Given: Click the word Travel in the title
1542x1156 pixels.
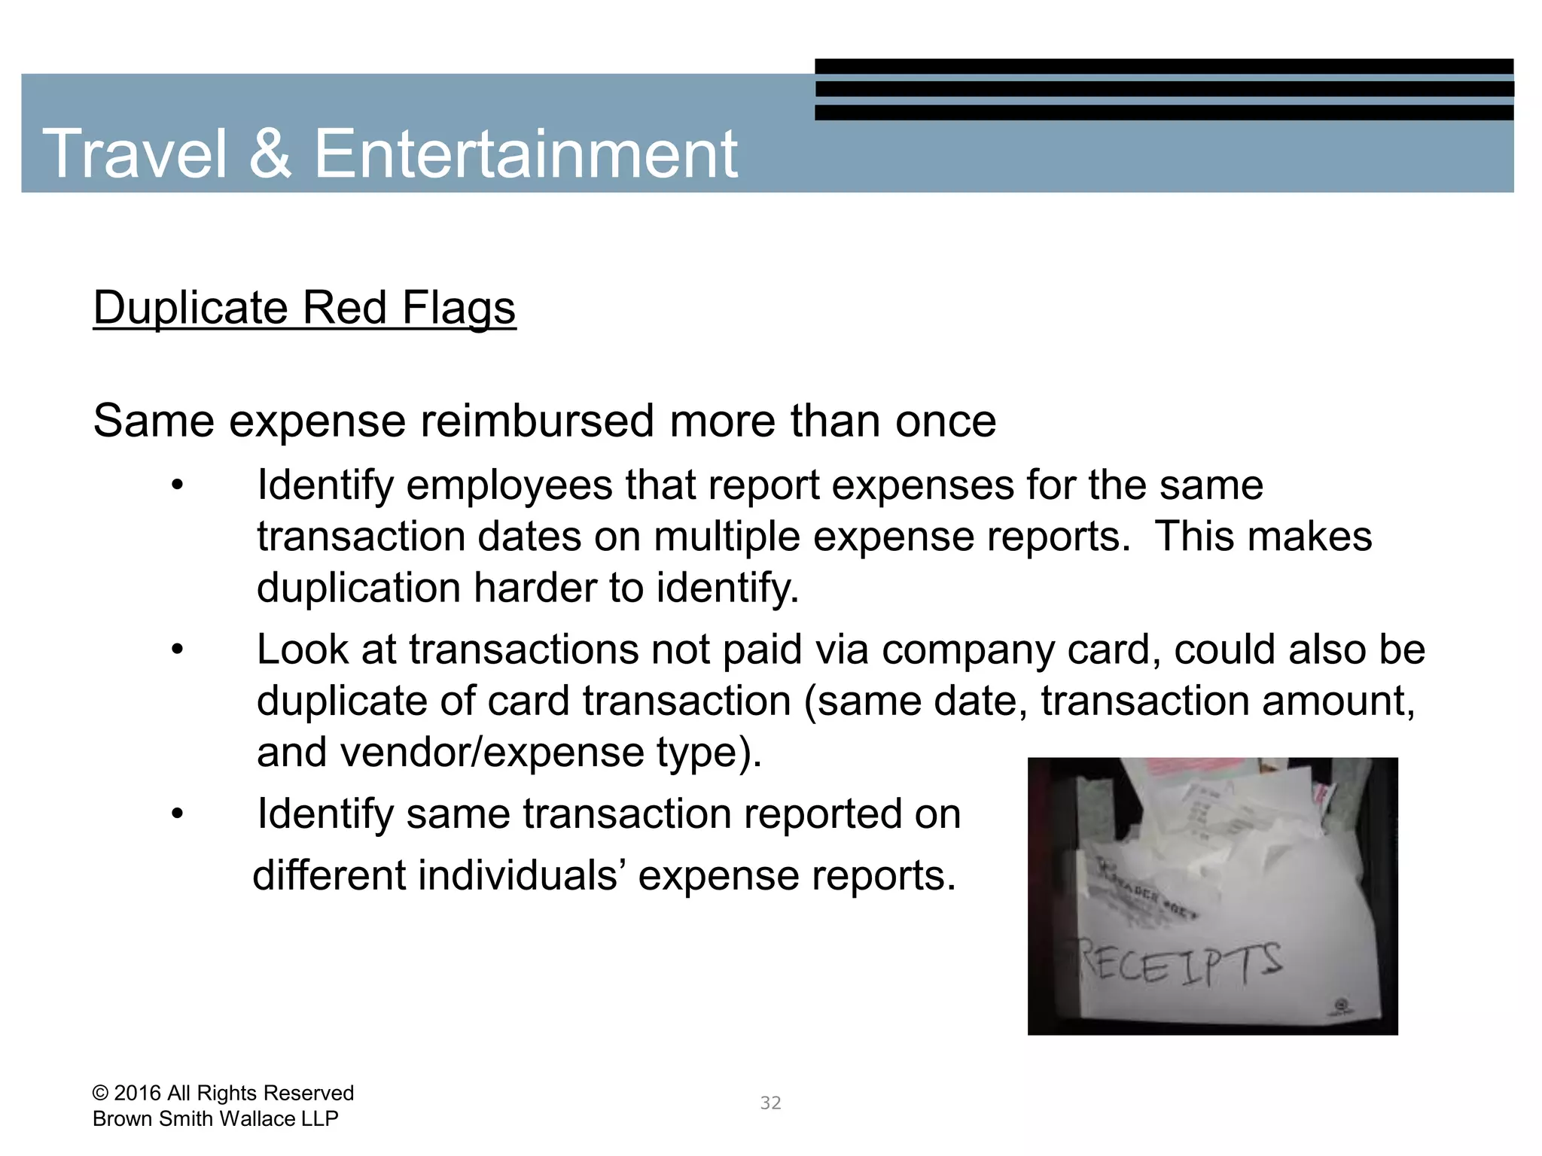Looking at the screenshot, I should [x=135, y=154].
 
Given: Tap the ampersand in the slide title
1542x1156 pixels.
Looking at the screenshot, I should [x=270, y=154].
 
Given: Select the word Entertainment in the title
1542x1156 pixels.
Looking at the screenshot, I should [x=526, y=154].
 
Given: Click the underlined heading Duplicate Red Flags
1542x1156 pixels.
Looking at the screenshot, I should [x=304, y=308].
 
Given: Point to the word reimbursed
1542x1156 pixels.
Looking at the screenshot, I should [x=537, y=421].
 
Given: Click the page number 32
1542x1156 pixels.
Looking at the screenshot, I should [x=770, y=1103].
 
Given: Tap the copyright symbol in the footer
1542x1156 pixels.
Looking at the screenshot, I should [x=99, y=1094].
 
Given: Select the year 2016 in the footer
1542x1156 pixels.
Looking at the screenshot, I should [x=137, y=1094].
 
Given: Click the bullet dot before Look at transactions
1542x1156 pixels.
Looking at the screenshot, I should [x=177, y=649].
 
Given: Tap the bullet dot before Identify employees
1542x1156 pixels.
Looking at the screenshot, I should [x=177, y=485].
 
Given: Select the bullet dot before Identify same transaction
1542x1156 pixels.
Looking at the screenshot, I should [x=177, y=814].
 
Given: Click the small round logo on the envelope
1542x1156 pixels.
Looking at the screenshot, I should [x=1341, y=1005].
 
